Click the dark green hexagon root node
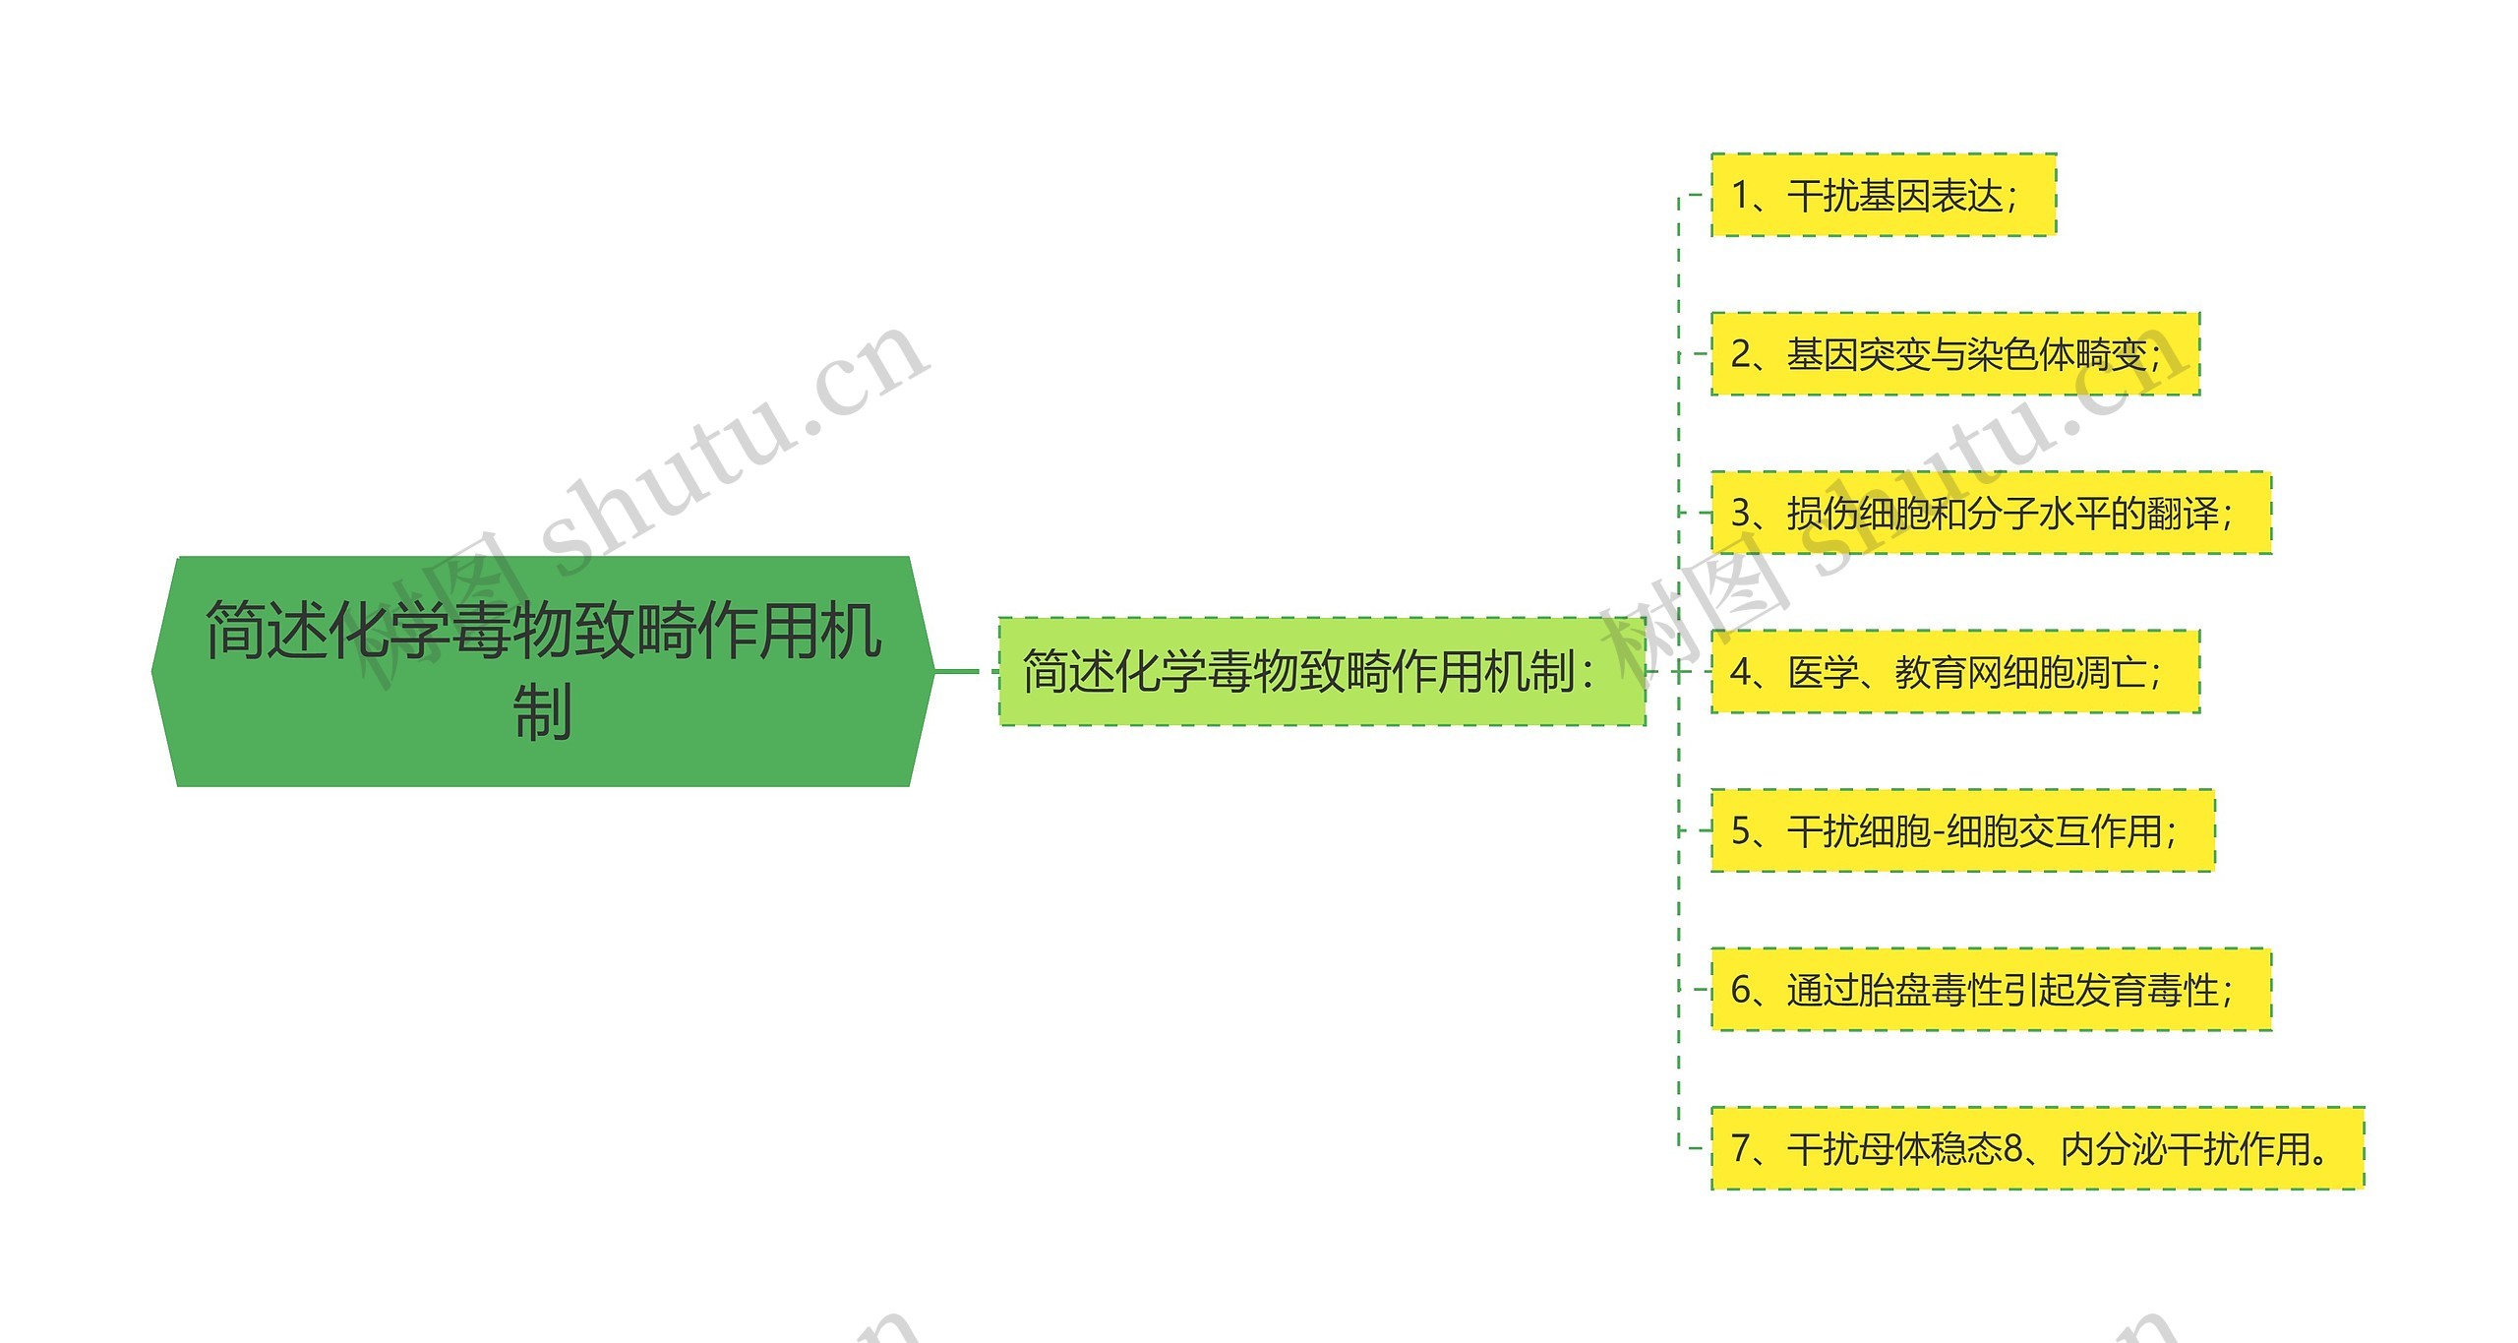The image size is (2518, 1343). [542, 671]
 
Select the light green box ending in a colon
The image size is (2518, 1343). [1321, 672]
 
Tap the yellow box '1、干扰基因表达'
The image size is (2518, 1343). [1883, 195]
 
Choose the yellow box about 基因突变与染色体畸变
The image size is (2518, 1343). [1954, 354]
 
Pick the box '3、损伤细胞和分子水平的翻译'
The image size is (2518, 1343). [1991, 513]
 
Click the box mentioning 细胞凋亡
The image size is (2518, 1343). [1954, 672]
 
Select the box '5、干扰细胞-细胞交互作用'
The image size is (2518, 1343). [1962, 830]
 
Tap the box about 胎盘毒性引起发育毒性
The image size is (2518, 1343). [1991, 990]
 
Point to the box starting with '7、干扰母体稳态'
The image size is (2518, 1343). [2037, 1148]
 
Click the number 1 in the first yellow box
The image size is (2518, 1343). [1740, 196]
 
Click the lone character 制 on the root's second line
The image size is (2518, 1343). [542, 712]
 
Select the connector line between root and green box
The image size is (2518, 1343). [964, 672]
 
